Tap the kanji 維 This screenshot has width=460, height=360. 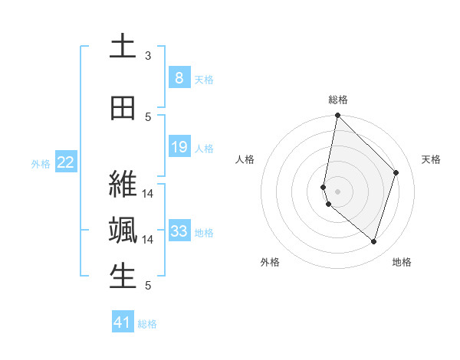tap(123, 183)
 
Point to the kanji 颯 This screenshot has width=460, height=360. tap(123, 231)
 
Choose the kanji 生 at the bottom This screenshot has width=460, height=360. tap(123, 277)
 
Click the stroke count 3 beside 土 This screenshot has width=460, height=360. tap(148, 56)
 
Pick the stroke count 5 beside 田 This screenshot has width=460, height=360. tap(148, 116)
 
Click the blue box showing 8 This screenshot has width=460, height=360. tap(179, 77)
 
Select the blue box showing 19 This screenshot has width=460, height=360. tap(179, 146)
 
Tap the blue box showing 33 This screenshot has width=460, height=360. tap(179, 231)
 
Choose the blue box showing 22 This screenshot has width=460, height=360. tap(66, 162)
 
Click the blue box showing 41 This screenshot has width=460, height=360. tap(123, 322)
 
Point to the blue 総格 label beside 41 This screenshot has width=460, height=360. tap(147, 324)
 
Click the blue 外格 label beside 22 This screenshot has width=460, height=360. tap(41, 163)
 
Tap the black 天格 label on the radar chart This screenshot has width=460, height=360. tap(431, 159)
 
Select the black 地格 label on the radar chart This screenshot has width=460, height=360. tap(402, 263)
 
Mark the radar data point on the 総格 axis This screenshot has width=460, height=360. tap(337, 116)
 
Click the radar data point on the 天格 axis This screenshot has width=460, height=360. tap(396, 172)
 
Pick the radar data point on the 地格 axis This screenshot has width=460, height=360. tap(373, 241)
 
